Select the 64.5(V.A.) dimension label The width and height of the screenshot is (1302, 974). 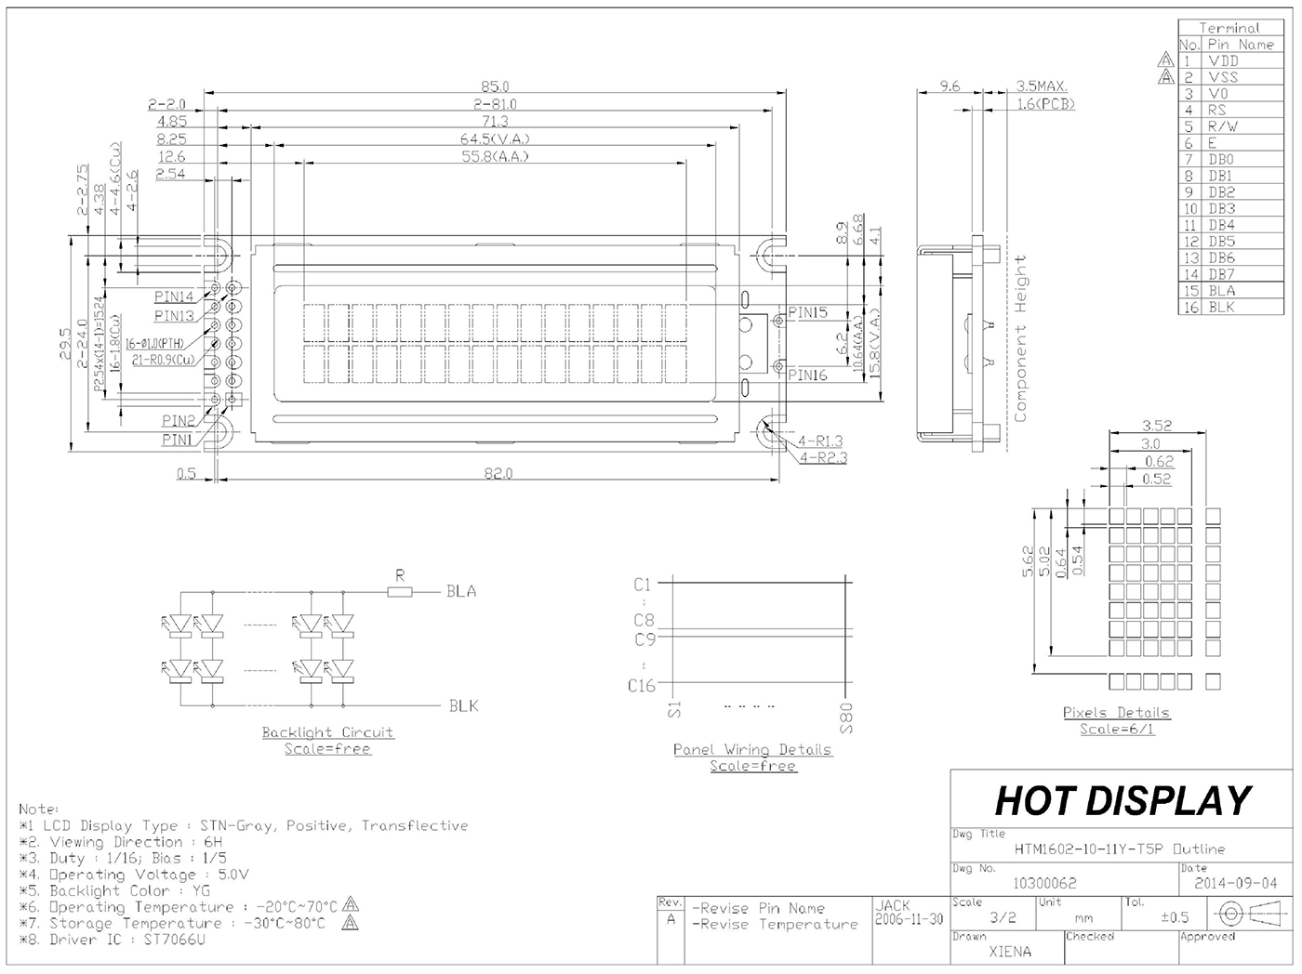[495, 138]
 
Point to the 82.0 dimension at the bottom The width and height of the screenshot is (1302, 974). [498, 473]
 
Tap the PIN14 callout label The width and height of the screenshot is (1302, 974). [174, 296]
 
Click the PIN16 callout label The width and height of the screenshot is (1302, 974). [807, 375]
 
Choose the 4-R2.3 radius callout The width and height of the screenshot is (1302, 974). [822, 457]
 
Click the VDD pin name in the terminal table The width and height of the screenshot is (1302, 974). [1223, 61]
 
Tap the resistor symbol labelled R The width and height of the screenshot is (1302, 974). [400, 591]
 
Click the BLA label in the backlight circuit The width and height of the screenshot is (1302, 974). [461, 591]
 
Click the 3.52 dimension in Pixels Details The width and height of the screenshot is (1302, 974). [1156, 426]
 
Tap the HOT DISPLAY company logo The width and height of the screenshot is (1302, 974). [1123, 800]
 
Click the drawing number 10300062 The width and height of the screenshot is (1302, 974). [1044, 883]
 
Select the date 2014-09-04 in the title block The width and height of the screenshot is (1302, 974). [1235, 883]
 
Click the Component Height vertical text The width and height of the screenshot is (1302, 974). [1020, 338]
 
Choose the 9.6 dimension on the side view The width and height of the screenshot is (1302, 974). [949, 86]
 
